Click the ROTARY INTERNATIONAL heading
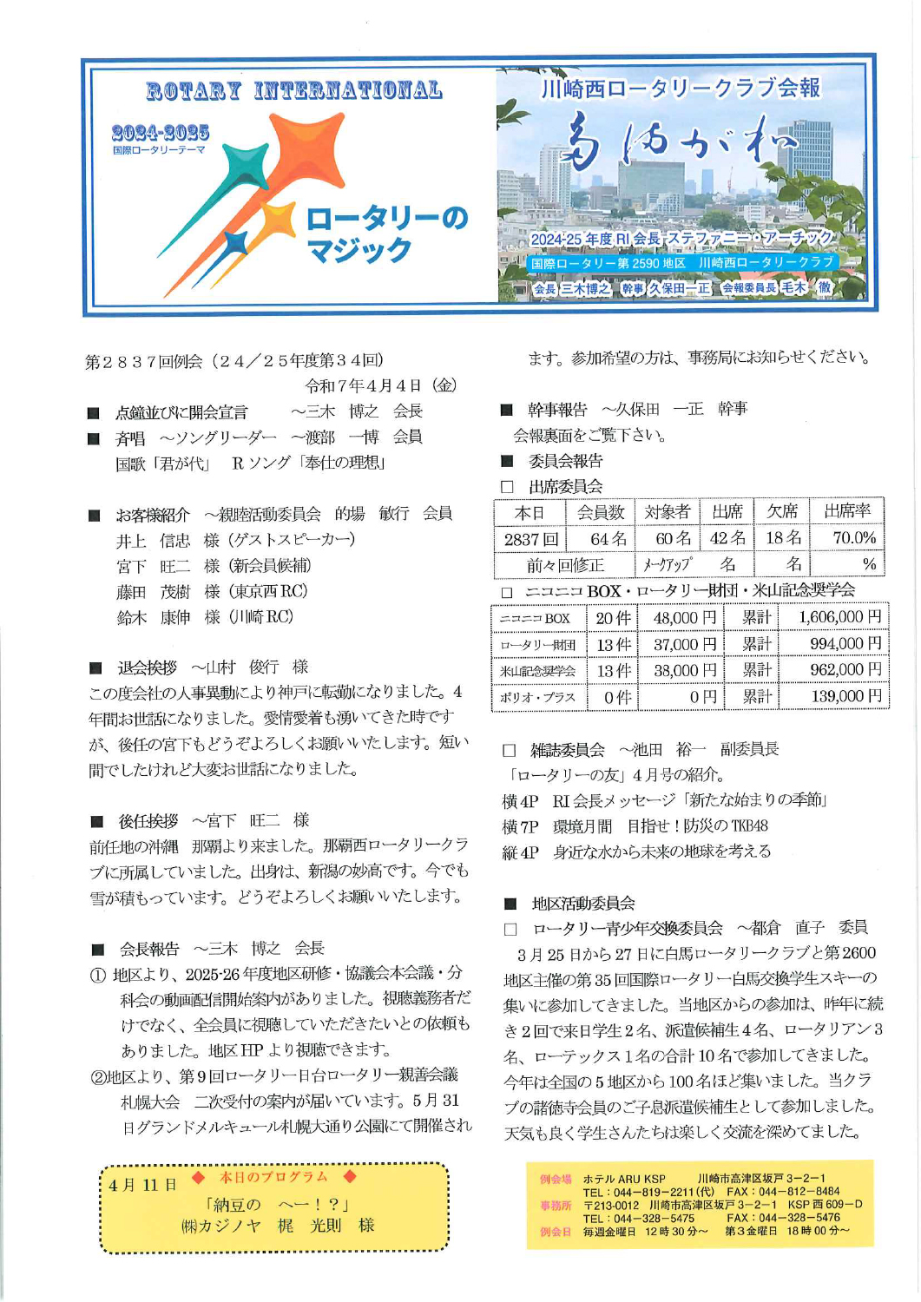tap(293, 90)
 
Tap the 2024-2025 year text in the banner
tap(161, 132)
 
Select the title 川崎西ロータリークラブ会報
tap(680, 88)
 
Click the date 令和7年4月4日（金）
tap(381, 385)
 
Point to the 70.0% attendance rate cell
tap(853, 538)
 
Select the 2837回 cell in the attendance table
tap(530, 539)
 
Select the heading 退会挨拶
tap(147, 667)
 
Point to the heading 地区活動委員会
tap(582, 904)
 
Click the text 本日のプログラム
tap(273, 1177)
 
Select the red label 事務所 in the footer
tap(556, 1205)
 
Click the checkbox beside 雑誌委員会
tap(510, 750)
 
